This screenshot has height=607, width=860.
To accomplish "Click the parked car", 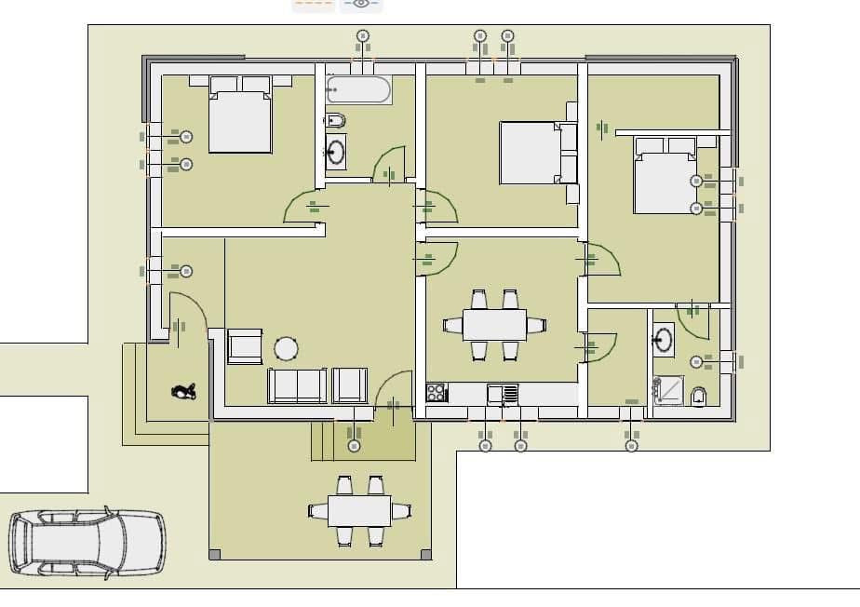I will (87, 544).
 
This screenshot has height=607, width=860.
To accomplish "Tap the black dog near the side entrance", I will (184, 392).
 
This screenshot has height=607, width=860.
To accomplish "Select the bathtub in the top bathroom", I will (358, 90).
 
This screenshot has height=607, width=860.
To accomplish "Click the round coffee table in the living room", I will (286, 349).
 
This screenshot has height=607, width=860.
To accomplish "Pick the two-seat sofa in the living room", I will (297, 385).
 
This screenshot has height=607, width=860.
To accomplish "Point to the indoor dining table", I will (494, 325).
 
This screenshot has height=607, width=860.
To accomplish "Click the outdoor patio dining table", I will (359, 510).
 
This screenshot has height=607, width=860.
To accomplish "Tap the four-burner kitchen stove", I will (436, 393).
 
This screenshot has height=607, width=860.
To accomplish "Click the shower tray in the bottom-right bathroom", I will (667, 391).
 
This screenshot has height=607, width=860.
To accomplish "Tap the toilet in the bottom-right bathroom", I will (699, 397).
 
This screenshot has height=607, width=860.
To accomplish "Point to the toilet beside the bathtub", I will (335, 121).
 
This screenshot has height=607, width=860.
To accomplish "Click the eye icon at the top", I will (361, 4).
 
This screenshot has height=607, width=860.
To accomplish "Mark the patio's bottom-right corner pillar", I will (426, 555).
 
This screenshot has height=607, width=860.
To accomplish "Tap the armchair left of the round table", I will (246, 346).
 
